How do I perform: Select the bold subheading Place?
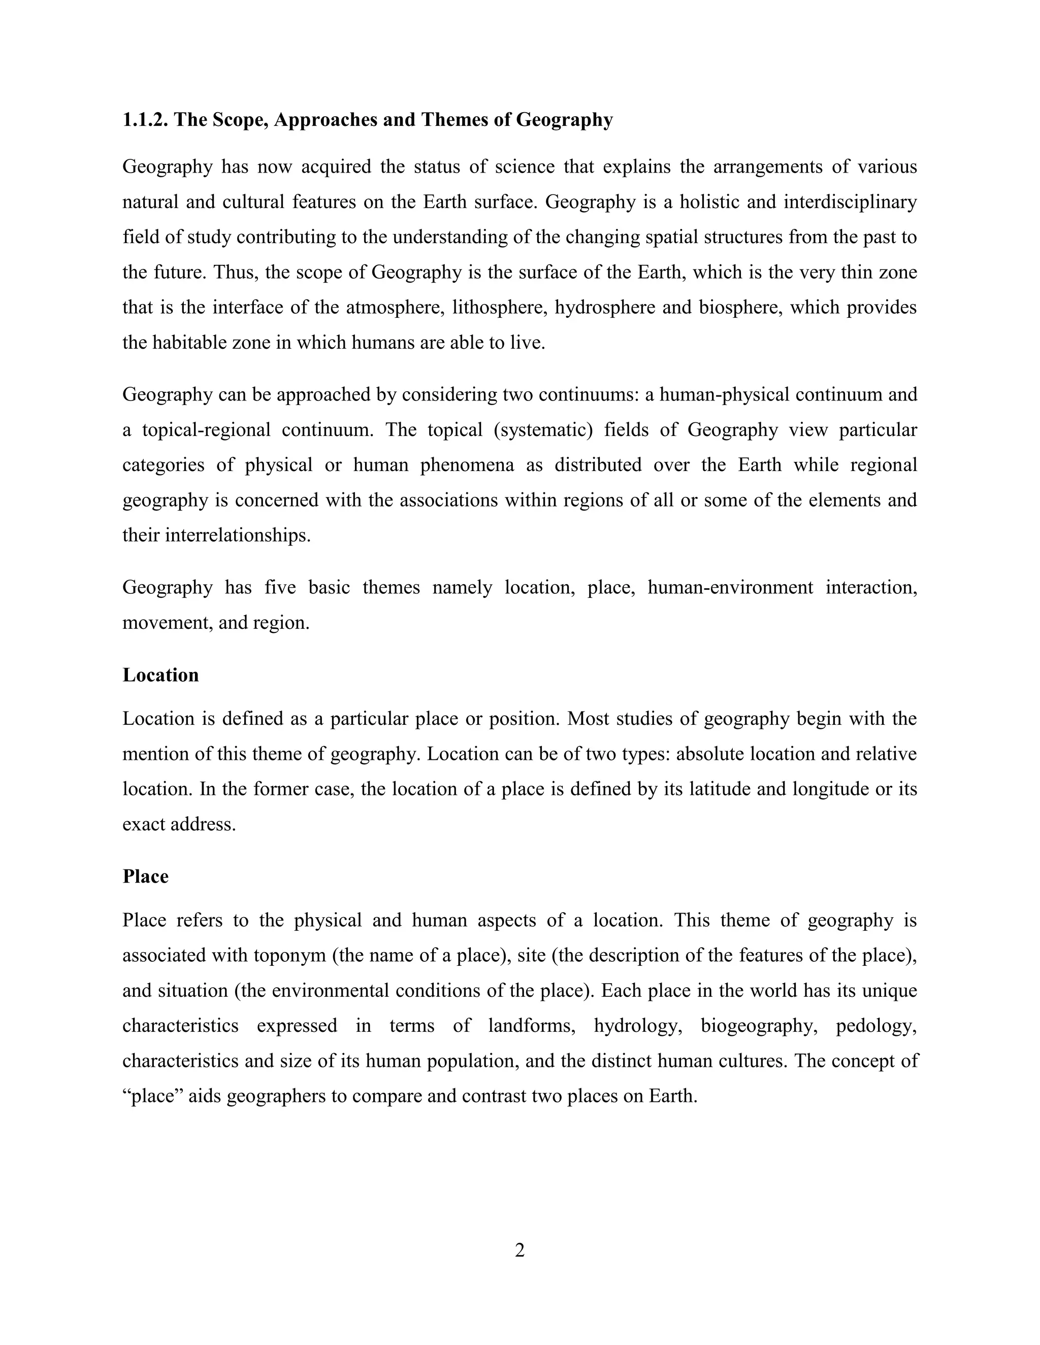click(x=145, y=877)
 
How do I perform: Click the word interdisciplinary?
click(x=850, y=202)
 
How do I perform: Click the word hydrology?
click(x=638, y=1025)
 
